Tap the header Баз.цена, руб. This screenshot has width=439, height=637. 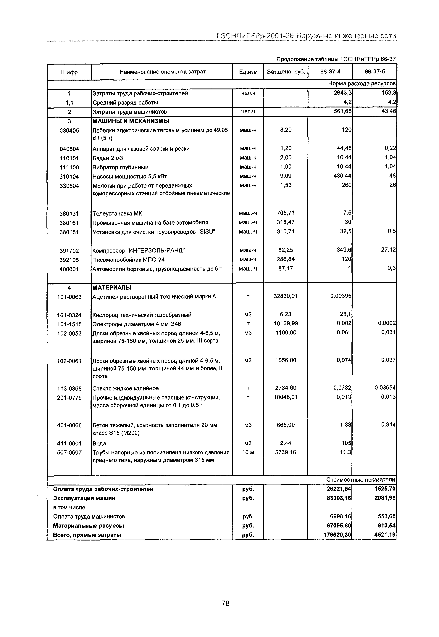[x=286, y=72]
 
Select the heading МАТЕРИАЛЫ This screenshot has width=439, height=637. [x=112, y=288]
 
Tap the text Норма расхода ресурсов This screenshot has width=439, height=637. [x=361, y=83]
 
